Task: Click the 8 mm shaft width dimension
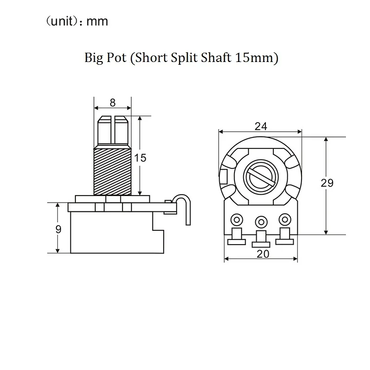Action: tap(112, 103)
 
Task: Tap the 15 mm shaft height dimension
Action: tap(140, 158)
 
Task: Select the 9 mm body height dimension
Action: tap(58, 229)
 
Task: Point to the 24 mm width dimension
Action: tap(261, 126)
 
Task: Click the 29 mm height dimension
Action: tap(327, 183)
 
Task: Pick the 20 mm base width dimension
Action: tap(263, 254)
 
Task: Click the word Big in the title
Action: tap(93, 58)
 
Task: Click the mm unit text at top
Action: tap(97, 22)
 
